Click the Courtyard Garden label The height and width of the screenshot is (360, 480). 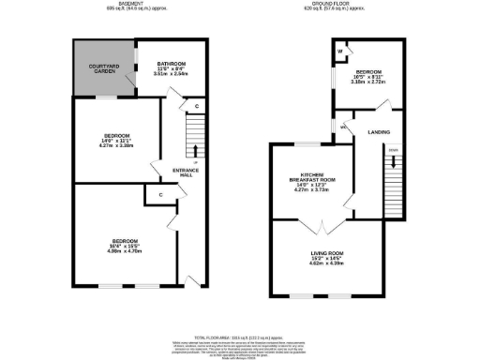click(x=102, y=67)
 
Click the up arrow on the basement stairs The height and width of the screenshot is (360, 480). click(x=195, y=149)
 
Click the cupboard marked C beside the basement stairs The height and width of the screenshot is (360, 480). click(x=195, y=107)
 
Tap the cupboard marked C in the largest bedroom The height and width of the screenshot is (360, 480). click(x=160, y=195)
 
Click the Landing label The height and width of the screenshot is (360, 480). click(x=379, y=132)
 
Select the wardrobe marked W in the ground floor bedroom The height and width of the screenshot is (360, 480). click(x=340, y=50)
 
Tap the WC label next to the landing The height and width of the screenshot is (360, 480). click(x=343, y=127)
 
